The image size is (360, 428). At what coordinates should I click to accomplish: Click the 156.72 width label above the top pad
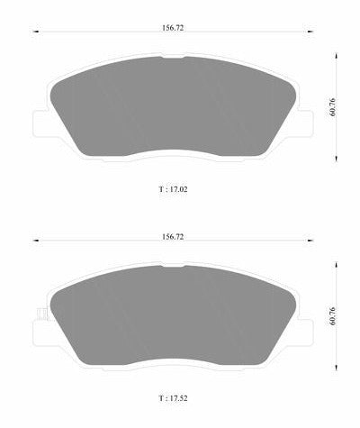coord(173,28)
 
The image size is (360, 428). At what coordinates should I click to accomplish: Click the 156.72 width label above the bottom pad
coord(173,237)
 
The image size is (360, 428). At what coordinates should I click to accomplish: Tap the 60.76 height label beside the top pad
coord(332,107)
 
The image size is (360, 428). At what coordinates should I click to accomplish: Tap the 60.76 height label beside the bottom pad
coord(332,316)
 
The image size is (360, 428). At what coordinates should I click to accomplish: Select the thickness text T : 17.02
coord(173,189)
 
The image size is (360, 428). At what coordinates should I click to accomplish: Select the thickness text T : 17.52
coord(173,398)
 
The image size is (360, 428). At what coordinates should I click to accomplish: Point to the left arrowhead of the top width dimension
coord(36,32)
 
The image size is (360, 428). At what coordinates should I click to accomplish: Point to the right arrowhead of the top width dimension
coord(310,32)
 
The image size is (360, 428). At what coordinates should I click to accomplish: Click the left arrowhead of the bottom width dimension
coord(36,241)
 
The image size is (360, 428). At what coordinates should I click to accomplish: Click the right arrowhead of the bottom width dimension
coord(310,241)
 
